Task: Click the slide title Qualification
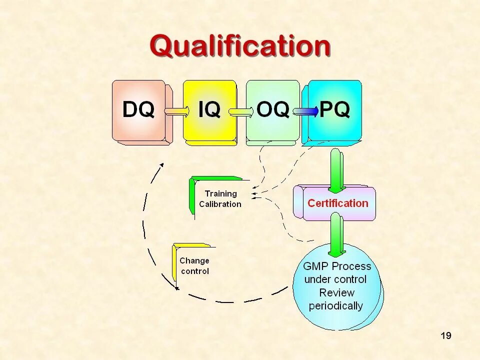coord(240,46)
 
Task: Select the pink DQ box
coord(138,110)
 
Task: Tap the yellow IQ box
coord(209,110)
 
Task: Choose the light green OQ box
coord(272,110)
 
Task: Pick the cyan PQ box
coord(334,110)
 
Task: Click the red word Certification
coord(337,203)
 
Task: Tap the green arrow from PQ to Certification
coord(336,170)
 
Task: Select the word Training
coord(220,193)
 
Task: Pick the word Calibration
coord(220,204)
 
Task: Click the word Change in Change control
coord(194,260)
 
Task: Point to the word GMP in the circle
coord(316,266)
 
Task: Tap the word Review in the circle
coord(336,292)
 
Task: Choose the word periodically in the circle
coord(336,305)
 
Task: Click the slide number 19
coord(445,335)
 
